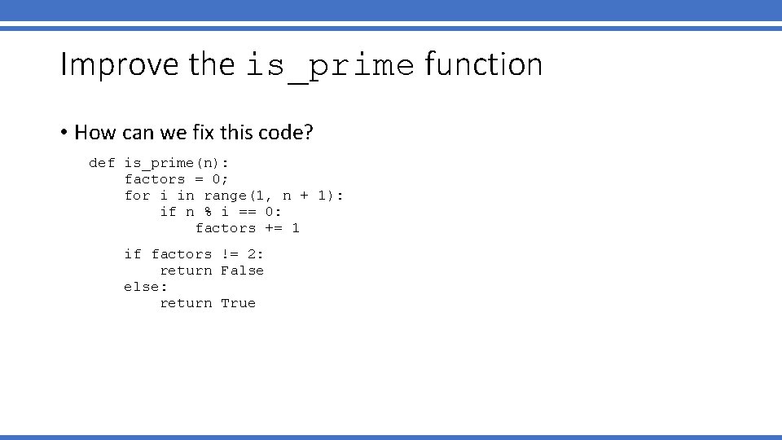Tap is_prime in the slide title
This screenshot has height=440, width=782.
pos(330,66)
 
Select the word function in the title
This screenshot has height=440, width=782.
pos(483,64)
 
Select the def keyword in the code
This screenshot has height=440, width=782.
pos(102,163)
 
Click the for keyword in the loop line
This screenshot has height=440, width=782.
pos(138,196)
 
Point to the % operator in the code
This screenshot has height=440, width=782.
pos(208,212)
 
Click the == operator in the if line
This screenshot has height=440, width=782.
pos(248,212)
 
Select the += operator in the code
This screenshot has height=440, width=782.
pos(274,228)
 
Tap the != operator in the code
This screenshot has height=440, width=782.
pos(230,254)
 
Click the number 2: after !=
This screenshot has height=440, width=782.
pos(256,254)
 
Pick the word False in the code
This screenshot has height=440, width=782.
pos(243,271)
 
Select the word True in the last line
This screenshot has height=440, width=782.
pos(239,303)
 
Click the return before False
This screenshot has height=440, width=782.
pos(186,271)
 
